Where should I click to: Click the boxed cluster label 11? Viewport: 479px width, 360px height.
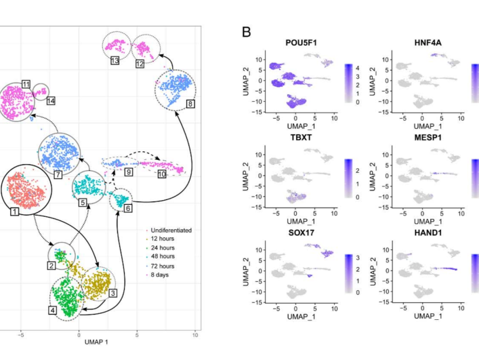(x=26, y=83)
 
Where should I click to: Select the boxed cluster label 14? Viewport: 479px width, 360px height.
(x=50, y=101)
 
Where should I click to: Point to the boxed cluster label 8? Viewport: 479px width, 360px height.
(x=190, y=104)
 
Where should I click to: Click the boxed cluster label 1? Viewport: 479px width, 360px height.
(x=14, y=212)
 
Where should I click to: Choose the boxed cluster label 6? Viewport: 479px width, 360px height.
(x=129, y=209)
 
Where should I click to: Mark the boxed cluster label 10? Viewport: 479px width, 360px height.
(x=161, y=174)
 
